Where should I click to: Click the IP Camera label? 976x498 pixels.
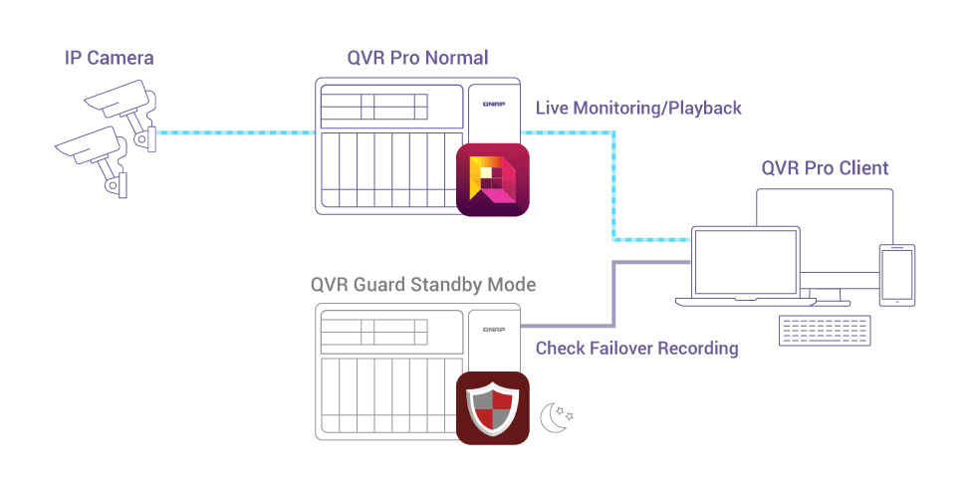point(110,58)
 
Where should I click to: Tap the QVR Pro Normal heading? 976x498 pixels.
point(417,58)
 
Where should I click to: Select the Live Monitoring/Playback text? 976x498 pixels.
point(638,108)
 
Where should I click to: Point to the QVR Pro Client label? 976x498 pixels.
point(825,167)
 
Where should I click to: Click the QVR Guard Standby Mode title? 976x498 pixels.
point(422,285)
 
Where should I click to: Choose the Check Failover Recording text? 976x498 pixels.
point(636,349)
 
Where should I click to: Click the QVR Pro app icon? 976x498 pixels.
point(493,179)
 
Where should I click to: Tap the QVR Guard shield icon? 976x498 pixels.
point(492,407)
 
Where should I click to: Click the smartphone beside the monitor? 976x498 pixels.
point(897,275)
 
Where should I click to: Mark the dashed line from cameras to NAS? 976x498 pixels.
point(235,132)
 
